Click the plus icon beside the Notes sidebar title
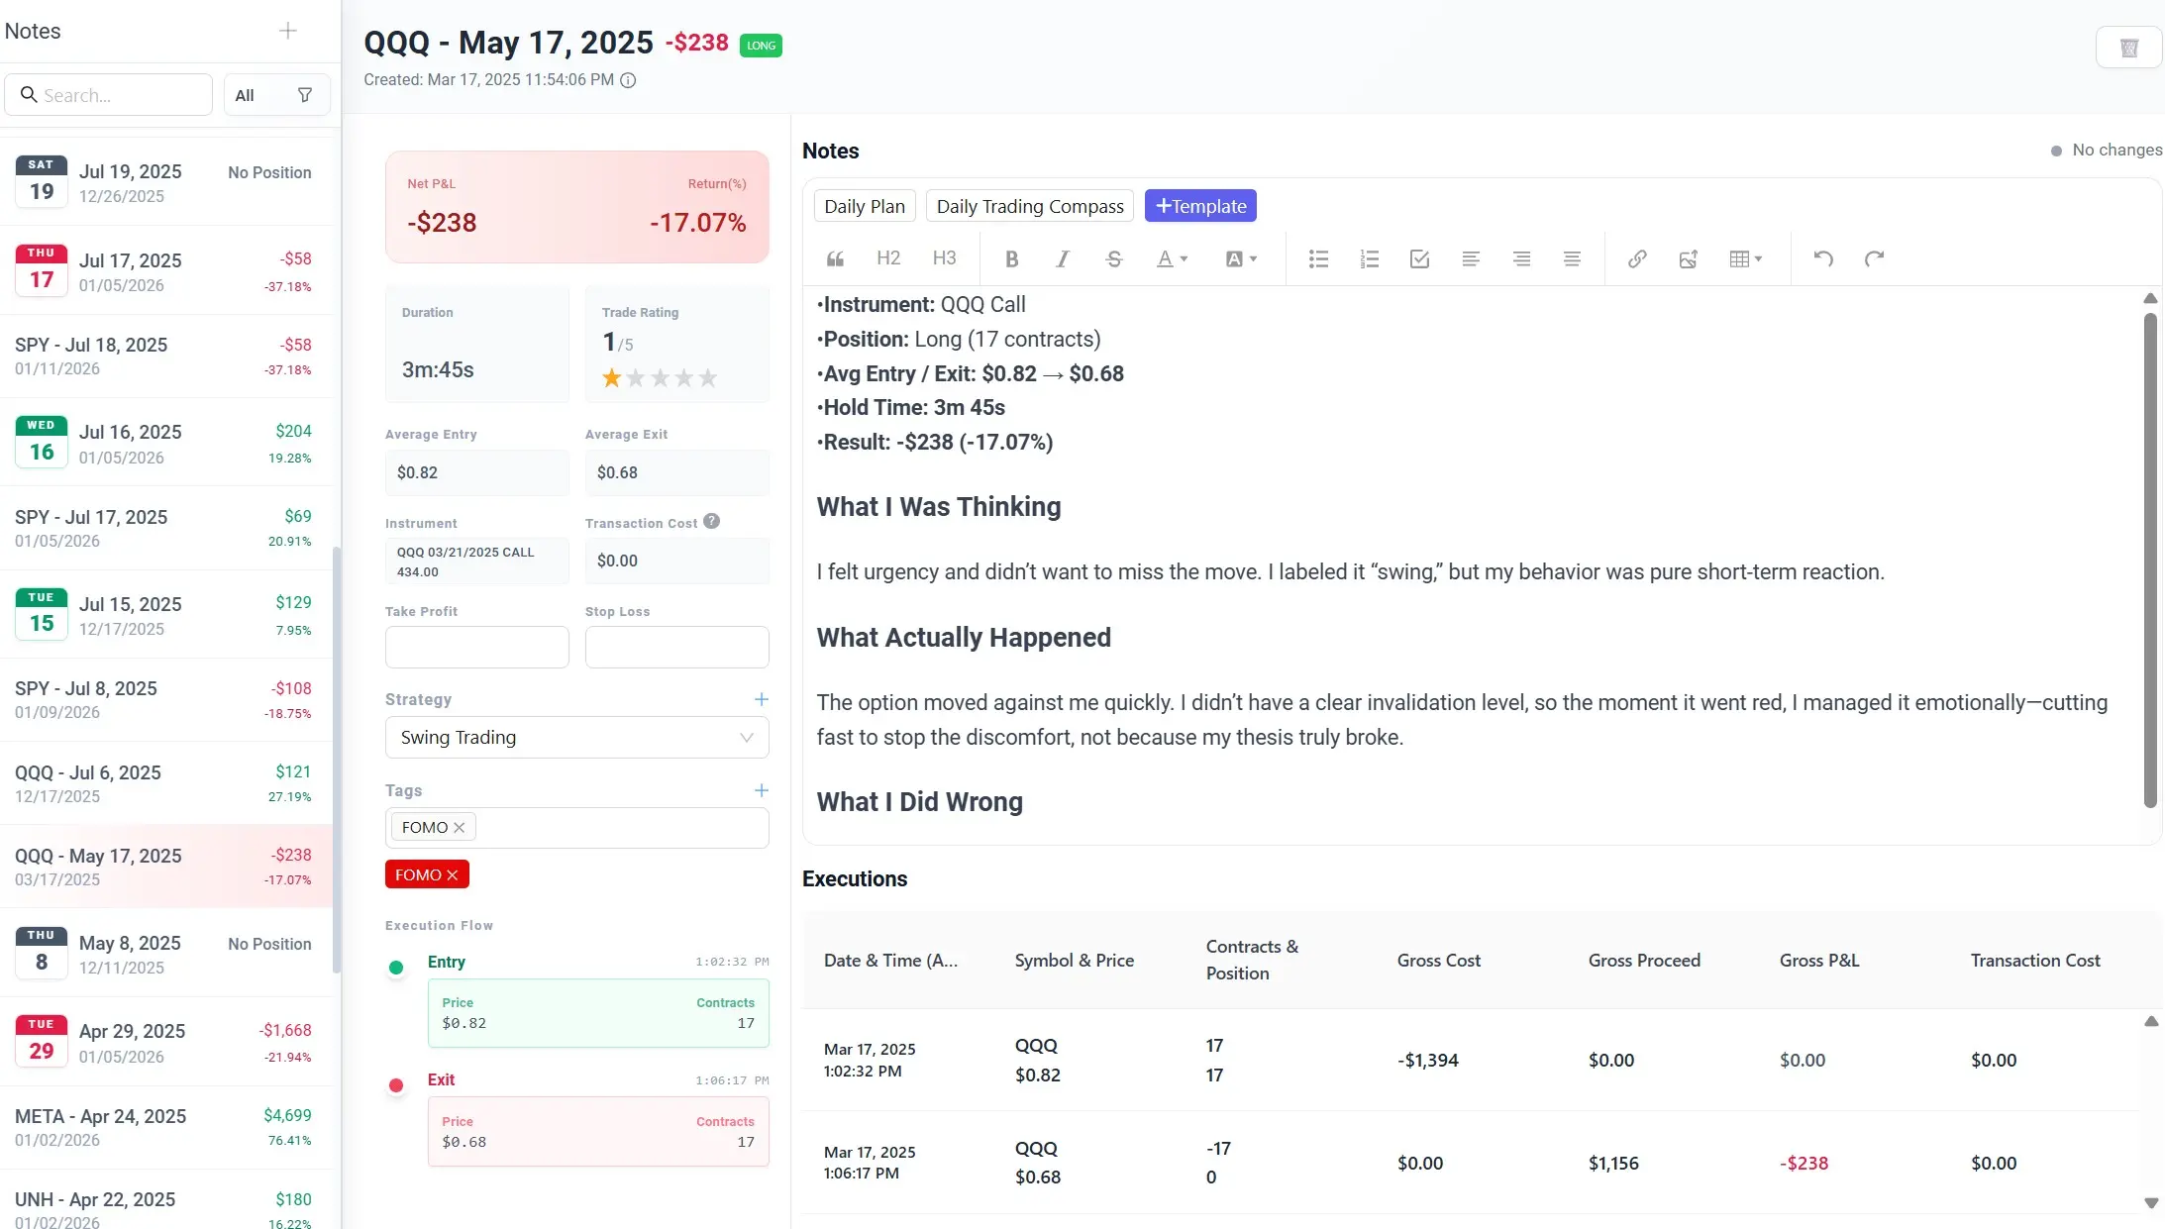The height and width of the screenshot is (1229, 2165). point(288,31)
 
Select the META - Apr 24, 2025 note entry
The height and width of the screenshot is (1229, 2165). point(163,1127)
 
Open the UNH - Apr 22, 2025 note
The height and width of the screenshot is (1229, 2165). point(163,1208)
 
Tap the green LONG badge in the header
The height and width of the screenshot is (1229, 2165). point(761,46)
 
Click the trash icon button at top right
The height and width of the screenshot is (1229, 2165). point(2128,48)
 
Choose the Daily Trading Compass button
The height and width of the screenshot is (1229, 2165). point(1030,206)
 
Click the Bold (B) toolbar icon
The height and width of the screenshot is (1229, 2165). point(1011,259)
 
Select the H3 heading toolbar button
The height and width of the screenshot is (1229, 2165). point(944,258)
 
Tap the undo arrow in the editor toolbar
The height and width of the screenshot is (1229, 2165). point(1823,259)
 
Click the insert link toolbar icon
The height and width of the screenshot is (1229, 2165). point(1637,259)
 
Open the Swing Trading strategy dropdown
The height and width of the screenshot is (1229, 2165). point(576,738)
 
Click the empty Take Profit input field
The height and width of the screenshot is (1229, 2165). point(476,647)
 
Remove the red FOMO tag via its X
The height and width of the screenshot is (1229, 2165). point(453,875)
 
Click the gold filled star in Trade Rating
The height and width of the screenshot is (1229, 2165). point(612,378)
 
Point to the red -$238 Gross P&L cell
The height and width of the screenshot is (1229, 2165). point(1804,1164)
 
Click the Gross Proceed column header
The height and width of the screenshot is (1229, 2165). point(1644,961)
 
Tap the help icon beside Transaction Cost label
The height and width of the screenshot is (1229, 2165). point(712,522)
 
